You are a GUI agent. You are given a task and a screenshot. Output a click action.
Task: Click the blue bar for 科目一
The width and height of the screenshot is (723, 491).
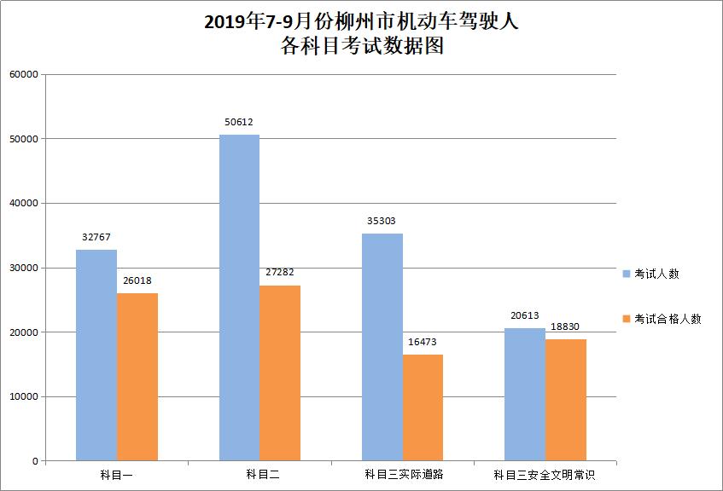point(96,355)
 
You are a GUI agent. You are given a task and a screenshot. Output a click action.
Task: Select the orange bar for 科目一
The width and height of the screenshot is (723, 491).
point(137,377)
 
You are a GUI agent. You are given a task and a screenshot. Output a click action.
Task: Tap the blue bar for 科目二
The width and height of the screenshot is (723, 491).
point(239,297)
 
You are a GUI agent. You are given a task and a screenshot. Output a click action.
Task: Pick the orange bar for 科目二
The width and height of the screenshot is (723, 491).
point(280,373)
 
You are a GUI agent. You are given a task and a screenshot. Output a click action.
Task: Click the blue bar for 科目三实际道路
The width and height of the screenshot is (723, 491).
point(382,347)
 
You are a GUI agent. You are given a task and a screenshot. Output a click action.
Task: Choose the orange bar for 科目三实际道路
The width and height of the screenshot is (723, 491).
point(423,407)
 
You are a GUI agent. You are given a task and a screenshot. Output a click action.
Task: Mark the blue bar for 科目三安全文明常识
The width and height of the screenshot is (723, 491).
point(525,394)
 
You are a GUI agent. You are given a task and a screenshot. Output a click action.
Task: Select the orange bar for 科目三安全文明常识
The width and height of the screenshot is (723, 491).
point(566,400)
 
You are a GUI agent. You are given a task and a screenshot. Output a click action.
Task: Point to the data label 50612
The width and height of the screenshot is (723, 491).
point(239,122)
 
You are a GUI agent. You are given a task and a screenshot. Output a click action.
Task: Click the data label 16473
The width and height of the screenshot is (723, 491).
point(423,342)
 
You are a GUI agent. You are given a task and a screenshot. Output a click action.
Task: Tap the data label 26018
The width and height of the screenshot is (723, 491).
point(137,280)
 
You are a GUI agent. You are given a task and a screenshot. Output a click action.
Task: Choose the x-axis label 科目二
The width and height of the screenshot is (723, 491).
point(259,474)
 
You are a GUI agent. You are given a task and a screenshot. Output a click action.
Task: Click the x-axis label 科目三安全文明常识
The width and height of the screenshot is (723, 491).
point(545,474)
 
